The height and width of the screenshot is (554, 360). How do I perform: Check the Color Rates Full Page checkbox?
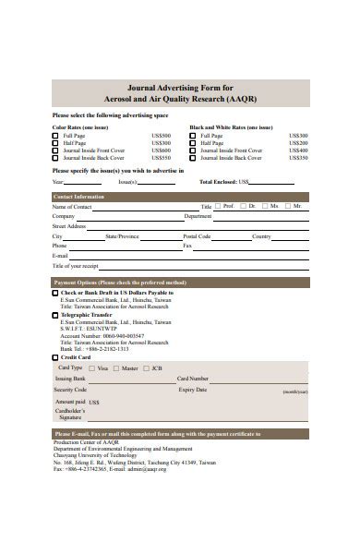click(55, 136)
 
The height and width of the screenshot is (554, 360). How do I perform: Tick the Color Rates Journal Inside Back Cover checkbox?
click(55, 158)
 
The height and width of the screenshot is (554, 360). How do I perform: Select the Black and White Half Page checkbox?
click(193, 143)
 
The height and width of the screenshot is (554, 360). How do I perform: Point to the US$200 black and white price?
click(298, 143)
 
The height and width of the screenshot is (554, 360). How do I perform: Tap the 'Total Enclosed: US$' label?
click(225, 182)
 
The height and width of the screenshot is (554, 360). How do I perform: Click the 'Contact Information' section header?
click(78, 197)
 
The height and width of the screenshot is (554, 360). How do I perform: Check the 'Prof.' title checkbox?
click(220, 207)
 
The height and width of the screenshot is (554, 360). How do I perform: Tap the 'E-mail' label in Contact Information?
click(61, 256)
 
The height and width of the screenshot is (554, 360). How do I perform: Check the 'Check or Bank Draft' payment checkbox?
click(55, 293)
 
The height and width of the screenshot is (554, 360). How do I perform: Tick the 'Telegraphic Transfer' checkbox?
click(55, 315)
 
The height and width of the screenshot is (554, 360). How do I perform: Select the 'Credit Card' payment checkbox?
click(55, 356)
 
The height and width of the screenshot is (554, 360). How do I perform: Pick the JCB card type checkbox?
click(145, 367)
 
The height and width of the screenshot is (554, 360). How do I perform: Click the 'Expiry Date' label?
click(193, 390)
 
